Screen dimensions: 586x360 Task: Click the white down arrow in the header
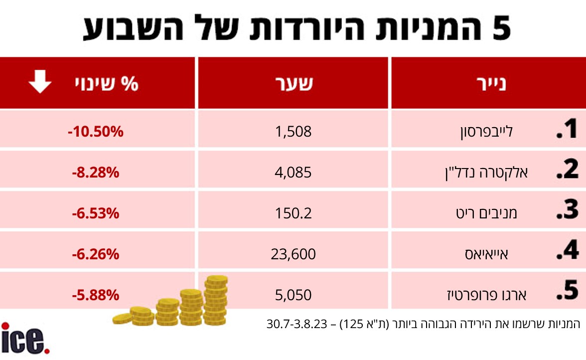click(40, 81)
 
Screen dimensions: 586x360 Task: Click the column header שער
click(294, 83)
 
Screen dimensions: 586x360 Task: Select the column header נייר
click(491, 84)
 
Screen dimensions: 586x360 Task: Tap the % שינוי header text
click(107, 83)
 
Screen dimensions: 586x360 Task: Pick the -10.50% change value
click(96, 132)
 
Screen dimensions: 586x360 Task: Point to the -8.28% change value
click(96, 173)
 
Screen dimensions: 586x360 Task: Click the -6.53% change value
click(96, 213)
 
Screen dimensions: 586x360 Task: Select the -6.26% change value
click(96, 254)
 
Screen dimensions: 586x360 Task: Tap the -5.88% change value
click(96, 295)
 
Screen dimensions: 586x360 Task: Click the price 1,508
click(293, 132)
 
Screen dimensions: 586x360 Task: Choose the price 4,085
click(293, 173)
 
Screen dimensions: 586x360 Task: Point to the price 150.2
click(293, 213)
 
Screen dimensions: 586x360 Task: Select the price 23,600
click(293, 254)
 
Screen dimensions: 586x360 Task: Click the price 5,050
click(293, 295)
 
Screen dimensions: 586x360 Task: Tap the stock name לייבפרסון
click(486, 132)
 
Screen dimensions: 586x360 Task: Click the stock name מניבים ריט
click(486, 213)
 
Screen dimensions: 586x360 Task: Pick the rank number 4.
click(568, 250)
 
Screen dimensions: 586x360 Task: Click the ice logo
click(25, 339)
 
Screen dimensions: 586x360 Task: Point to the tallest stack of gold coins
click(216, 300)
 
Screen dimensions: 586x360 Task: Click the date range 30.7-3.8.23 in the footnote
click(297, 324)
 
